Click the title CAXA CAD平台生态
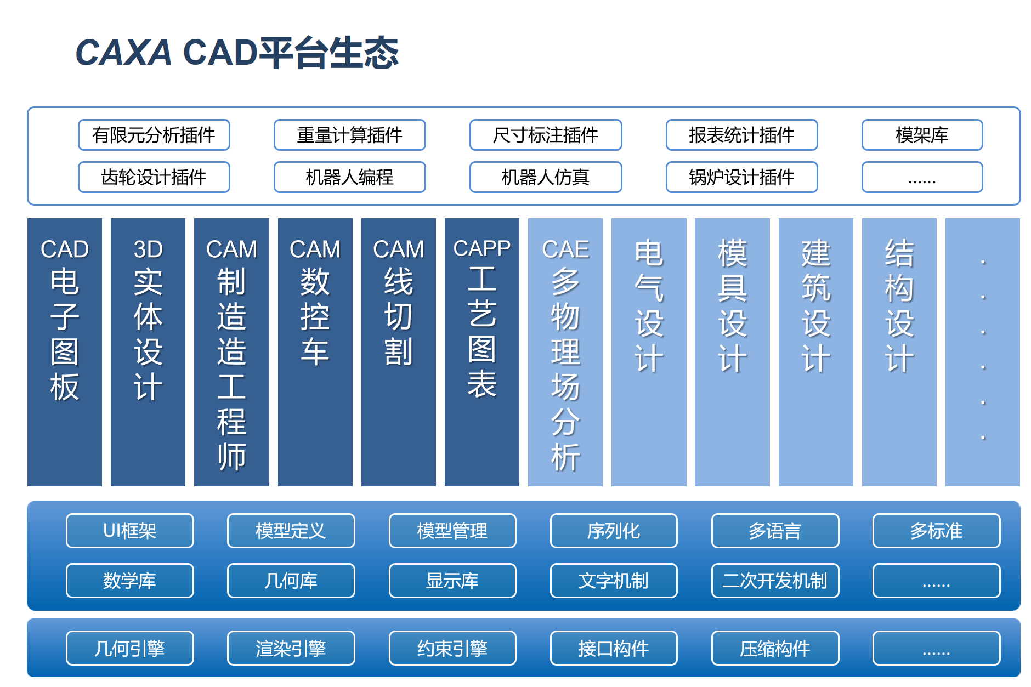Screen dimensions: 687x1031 point(237,53)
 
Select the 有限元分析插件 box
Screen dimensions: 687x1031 point(154,135)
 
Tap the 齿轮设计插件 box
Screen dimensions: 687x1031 point(154,177)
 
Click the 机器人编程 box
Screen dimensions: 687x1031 point(349,177)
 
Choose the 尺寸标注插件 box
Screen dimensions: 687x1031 point(545,135)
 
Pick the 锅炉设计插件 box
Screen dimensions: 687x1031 point(741,177)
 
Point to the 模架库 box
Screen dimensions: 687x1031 point(922,135)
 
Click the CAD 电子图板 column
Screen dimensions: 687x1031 point(65,352)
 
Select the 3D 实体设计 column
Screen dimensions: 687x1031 point(148,352)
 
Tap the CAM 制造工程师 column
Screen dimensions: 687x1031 point(231,352)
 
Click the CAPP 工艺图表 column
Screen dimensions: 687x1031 point(481,352)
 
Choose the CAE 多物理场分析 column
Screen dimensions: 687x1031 point(565,352)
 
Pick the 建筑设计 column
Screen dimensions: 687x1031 point(815,352)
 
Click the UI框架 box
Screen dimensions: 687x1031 point(129,531)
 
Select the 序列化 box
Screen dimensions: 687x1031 point(613,531)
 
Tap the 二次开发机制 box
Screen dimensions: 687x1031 point(775,581)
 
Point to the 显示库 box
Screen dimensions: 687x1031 point(452,581)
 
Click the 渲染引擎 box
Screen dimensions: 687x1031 point(291,648)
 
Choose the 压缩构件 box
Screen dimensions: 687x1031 point(775,648)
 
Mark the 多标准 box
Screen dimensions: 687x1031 point(936,531)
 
